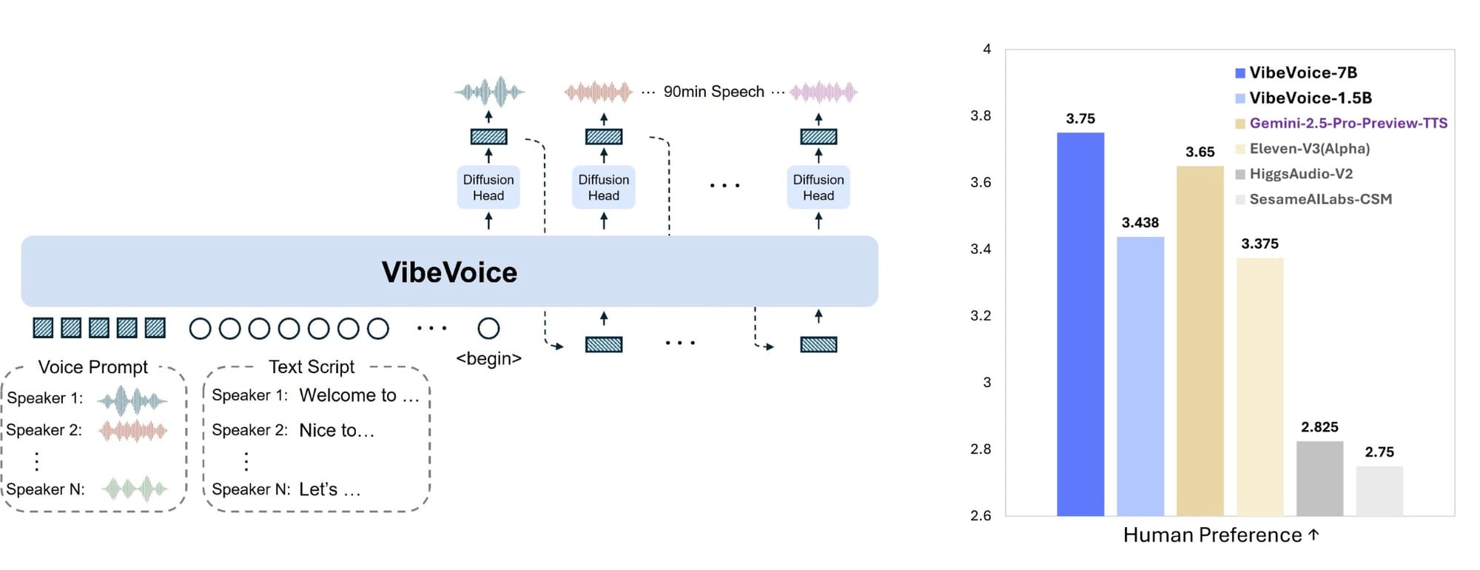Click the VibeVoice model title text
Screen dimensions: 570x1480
click(x=449, y=272)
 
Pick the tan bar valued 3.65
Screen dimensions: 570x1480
click(x=1200, y=341)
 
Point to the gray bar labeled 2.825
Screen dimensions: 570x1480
click(x=1319, y=478)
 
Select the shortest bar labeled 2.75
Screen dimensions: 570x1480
click(x=1379, y=491)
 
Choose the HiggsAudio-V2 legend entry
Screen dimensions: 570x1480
click(x=1300, y=174)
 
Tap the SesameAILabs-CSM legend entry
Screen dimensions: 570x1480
click(x=1320, y=199)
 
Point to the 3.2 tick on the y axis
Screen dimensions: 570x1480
click(x=980, y=316)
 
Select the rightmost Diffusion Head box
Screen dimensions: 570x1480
click(x=818, y=187)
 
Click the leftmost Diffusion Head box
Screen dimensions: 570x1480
click(x=488, y=187)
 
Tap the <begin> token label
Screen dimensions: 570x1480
click(x=488, y=359)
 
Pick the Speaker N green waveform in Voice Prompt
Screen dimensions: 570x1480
click(x=135, y=489)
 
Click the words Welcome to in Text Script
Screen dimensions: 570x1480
click(x=348, y=395)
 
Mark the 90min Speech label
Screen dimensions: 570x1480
click(x=713, y=92)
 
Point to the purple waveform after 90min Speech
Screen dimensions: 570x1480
click(x=824, y=93)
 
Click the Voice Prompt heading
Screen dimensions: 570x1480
click(x=92, y=367)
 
